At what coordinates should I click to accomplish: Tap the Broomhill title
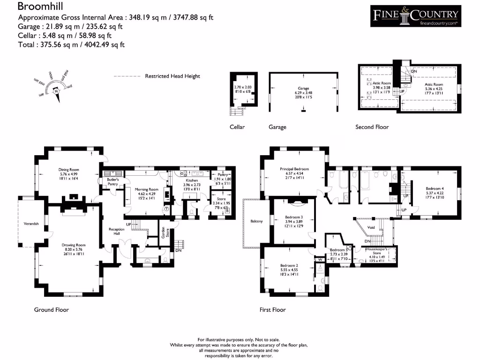click(40, 7)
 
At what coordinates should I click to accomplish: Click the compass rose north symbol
click(57, 92)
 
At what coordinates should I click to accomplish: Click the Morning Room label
click(148, 189)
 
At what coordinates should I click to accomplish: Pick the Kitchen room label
click(192, 180)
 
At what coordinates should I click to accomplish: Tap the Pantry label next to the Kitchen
click(222, 174)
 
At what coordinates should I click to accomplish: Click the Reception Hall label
click(116, 231)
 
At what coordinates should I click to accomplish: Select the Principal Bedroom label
click(294, 169)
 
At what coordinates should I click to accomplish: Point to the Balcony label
click(257, 221)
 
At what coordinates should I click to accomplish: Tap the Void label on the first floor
click(371, 227)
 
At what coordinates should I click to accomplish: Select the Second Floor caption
click(372, 127)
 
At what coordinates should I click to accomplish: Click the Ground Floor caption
click(52, 310)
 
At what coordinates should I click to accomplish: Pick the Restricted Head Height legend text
click(172, 76)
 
